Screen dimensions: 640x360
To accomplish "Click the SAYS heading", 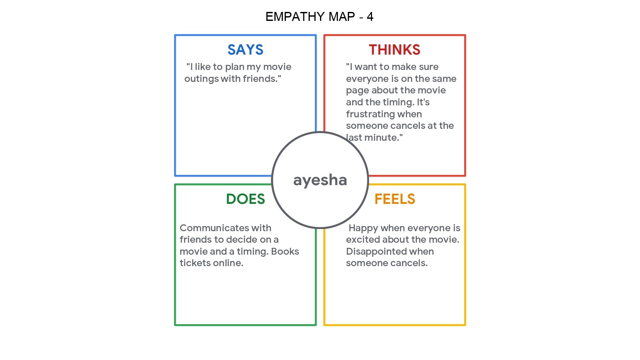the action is (245, 50).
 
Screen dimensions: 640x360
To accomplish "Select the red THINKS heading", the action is (395, 50).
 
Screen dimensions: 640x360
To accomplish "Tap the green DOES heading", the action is (245, 199).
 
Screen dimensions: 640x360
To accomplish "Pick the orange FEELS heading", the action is (395, 199).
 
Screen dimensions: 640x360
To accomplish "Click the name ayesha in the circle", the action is (320, 180).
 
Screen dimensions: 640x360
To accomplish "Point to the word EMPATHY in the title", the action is (295, 17).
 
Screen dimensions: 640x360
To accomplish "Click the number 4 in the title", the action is (370, 17).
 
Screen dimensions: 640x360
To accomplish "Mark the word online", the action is (229, 263).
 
